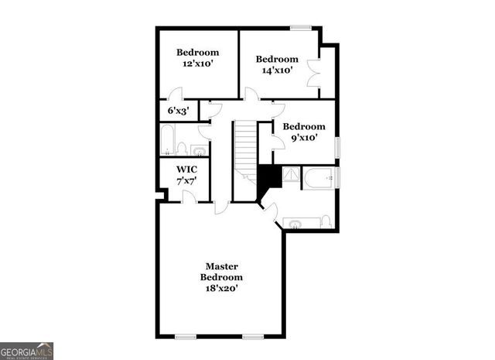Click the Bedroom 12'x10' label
[x=197, y=58]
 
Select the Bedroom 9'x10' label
[x=302, y=132]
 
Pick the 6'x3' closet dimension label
[x=179, y=111]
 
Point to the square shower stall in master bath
[x=290, y=177]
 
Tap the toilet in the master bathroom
[x=326, y=223]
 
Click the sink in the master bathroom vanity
[x=295, y=224]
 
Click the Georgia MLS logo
[x=27, y=350]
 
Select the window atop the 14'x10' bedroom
[x=301, y=29]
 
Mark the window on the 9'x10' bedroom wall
[x=336, y=146]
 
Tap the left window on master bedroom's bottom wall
[x=186, y=337]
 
